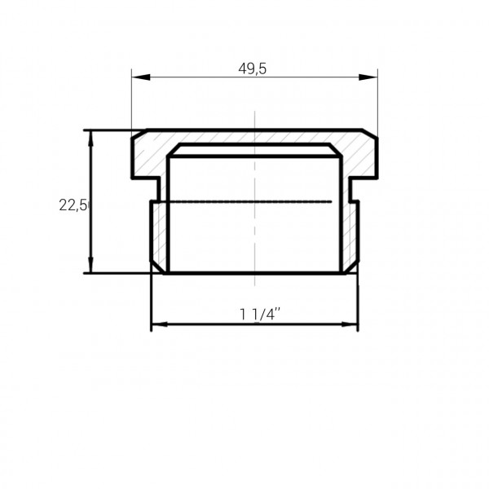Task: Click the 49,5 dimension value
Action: tap(253, 69)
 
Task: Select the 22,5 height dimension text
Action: tap(73, 205)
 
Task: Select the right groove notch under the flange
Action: tap(355, 189)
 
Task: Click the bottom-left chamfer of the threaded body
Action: tap(156, 267)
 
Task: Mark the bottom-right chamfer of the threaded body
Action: tap(354, 267)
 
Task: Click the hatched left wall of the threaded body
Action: tap(159, 232)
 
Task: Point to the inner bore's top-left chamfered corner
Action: tap(172, 151)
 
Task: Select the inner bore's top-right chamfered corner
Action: tap(337, 151)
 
